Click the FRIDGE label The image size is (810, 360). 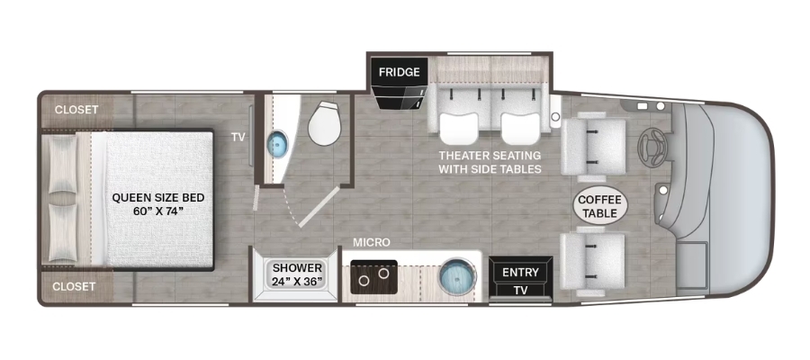click(x=399, y=72)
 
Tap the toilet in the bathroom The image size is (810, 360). click(x=324, y=123)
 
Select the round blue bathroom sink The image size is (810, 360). click(x=277, y=143)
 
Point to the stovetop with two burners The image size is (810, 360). click(x=373, y=277)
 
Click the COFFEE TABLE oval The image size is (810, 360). click(x=600, y=206)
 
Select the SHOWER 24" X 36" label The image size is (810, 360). click(x=298, y=274)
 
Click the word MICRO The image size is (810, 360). click(x=372, y=242)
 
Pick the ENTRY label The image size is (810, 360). click(x=520, y=272)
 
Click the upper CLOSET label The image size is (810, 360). click(x=76, y=110)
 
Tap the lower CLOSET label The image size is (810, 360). click(x=74, y=286)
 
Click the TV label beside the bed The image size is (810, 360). click(x=238, y=137)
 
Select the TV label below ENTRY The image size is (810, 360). click(x=521, y=290)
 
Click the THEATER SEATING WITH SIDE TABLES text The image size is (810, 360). click(x=490, y=162)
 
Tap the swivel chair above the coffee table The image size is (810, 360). click(x=593, y=147)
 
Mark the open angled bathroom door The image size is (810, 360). click(x=319, y=207)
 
